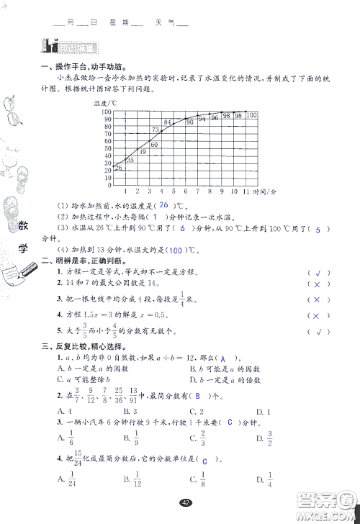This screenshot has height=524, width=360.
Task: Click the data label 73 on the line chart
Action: [155, 130]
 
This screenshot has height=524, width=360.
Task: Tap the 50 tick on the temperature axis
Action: [105, 150]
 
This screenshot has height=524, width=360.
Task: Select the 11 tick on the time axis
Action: [248, 191]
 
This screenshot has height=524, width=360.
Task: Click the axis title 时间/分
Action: [266, 191]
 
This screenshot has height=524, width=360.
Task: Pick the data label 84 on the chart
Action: [167, 122]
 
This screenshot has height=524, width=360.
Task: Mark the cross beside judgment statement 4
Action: [314, 315]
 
